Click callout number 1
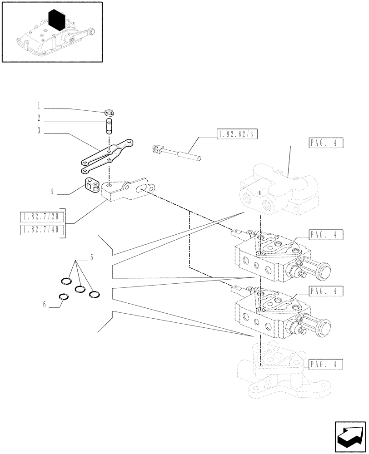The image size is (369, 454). coord(39,107)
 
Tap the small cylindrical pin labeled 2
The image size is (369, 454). coord(109,126)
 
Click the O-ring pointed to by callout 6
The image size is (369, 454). coord(65,297)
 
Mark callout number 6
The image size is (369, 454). coord(45,305)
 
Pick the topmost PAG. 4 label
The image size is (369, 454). coord(325,143)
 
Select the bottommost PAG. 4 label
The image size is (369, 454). coord(325,364)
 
